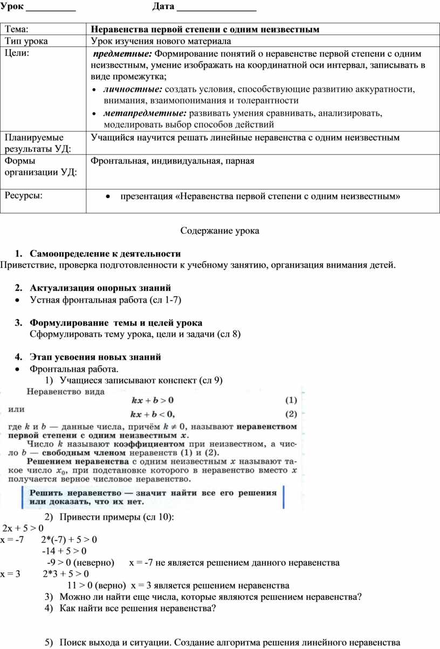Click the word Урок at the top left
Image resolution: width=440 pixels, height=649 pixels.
[x=11, y=6]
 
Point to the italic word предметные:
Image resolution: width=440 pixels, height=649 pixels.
[x=123, y=54]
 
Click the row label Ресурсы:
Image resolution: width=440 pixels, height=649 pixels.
[x=25, y=194]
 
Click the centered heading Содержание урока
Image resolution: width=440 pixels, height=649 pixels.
[x=219, y=231]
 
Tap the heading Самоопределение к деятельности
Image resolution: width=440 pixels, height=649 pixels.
[x=105, y=253]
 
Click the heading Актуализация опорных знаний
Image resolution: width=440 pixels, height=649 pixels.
[x=100, y=288]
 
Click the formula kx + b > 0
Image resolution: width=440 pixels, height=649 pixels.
[x=153, y=400]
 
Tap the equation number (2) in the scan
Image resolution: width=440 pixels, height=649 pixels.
[x=291, y=414]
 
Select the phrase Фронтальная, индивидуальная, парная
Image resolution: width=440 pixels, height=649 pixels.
[x=172, y=161]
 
